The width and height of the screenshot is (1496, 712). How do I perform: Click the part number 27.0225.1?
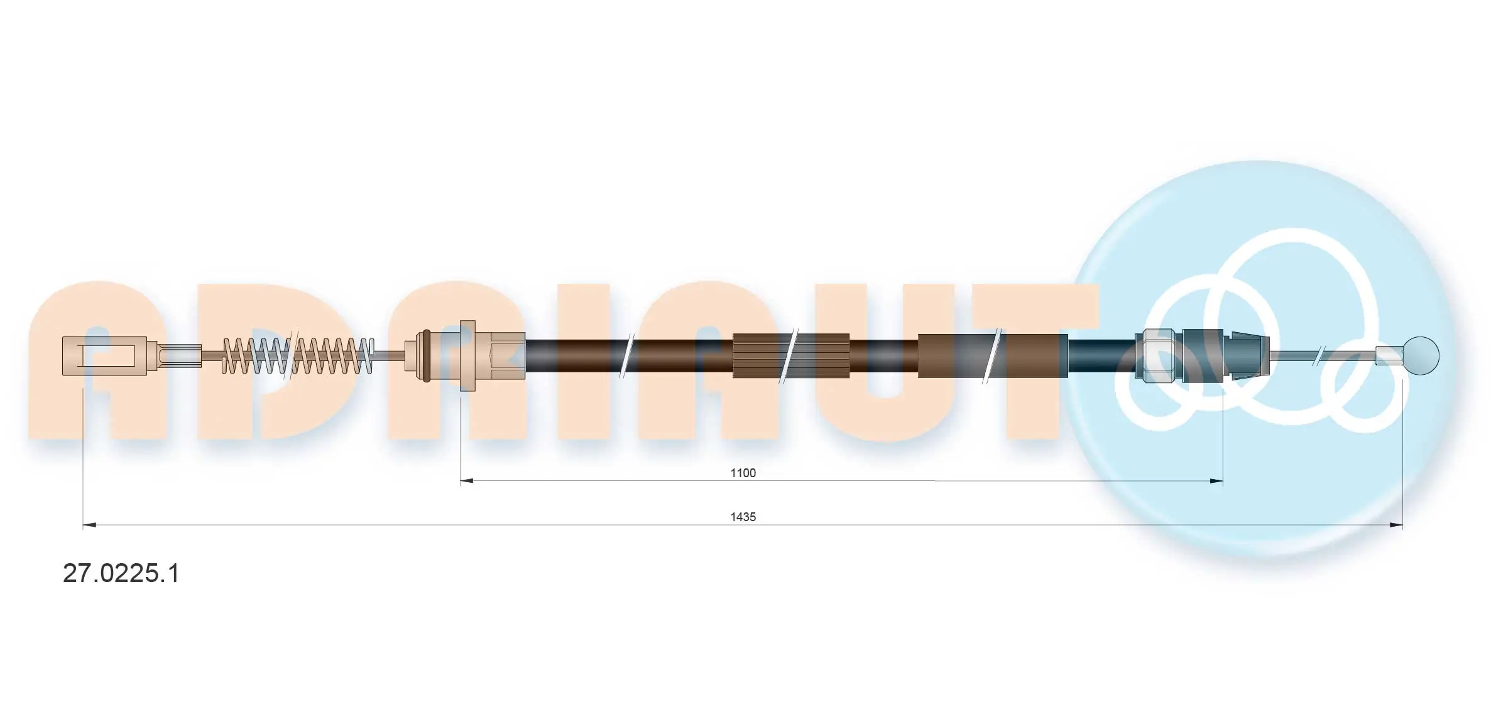121,573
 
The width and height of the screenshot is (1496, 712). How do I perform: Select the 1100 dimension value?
743,473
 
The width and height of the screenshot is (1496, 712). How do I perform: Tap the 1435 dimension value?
743,517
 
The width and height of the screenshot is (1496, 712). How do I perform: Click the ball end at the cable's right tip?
1420,355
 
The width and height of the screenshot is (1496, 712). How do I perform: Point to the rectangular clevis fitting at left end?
104,356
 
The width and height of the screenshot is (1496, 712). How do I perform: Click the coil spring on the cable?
298,356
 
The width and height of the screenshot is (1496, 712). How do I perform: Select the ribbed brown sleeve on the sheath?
791,355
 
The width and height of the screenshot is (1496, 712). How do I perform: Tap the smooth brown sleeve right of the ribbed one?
993,355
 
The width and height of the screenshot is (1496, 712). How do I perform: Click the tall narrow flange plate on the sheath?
467,355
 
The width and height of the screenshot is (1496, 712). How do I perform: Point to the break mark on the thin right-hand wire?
1321,355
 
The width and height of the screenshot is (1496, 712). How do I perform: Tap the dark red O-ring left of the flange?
427,355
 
